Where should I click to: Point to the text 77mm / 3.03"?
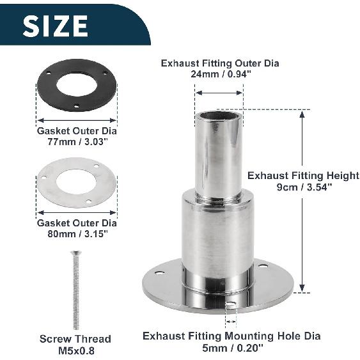(77, 142)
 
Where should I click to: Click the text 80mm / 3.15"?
(77, 234)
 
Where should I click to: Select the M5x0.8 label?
(75, 350)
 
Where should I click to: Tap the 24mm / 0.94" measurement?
(220, 75)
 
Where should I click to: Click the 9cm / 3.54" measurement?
(303, 187)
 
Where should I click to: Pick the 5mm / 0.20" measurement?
(231, 347)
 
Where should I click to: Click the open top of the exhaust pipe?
(219, 116)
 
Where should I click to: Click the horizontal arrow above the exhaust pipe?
(219, 93)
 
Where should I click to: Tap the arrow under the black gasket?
(77, 120)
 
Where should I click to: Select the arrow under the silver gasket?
(77, 212)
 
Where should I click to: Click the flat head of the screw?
(75, 253)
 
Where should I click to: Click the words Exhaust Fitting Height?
(303, 175)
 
